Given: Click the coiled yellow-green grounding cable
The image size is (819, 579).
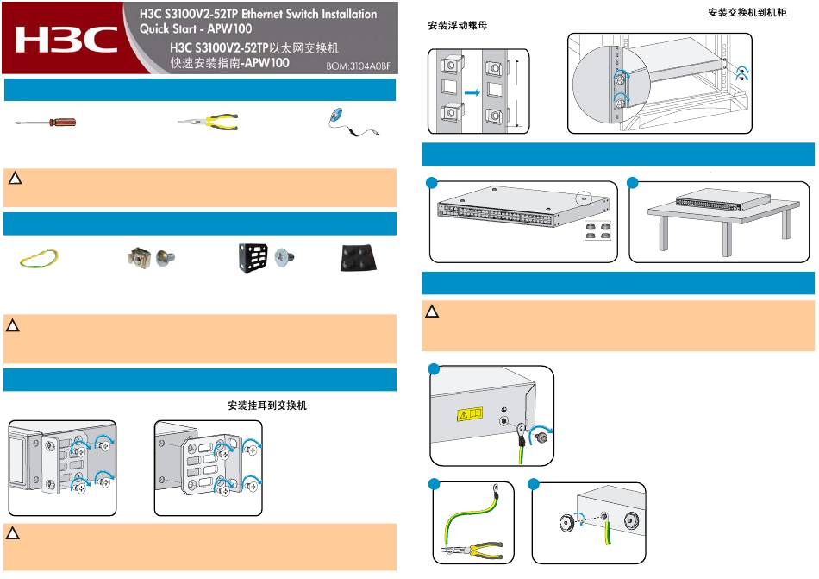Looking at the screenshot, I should (x=40, y=257).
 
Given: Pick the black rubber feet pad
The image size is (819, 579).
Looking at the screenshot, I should (x=353, y=256).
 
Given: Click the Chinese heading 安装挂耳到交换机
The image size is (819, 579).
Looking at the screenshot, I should (x=266, y=405).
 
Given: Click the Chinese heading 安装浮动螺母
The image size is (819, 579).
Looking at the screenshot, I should (x=458, y=26).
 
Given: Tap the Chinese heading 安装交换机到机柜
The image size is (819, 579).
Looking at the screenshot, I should (x=747, y=13).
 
